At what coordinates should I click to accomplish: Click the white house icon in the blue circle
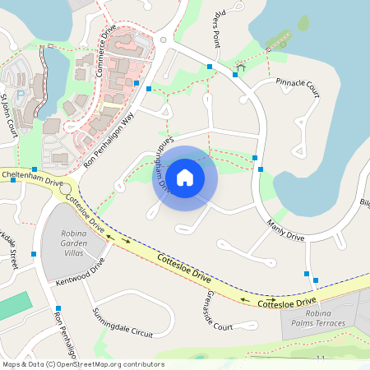[185, 176]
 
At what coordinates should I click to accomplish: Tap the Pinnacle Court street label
[297, 84]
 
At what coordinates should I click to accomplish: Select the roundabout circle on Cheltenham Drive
[65, 189]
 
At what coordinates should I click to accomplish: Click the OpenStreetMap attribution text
[82, 364]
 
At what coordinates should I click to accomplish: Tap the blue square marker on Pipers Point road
[210, 66]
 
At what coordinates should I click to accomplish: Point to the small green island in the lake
[303, 22]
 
